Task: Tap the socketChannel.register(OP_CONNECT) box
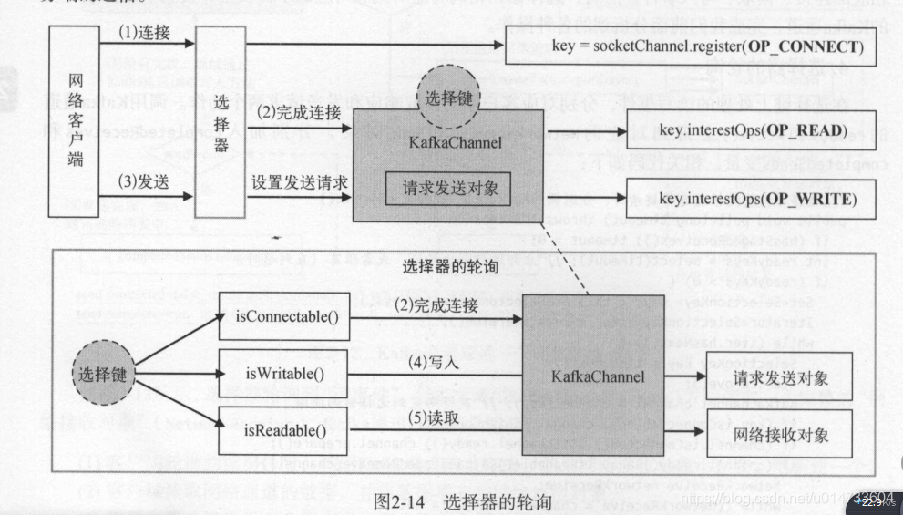[x=690, y=46]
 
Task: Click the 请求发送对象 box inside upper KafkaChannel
[x=446, y=189]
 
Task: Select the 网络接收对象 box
[x=780, y=435]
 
